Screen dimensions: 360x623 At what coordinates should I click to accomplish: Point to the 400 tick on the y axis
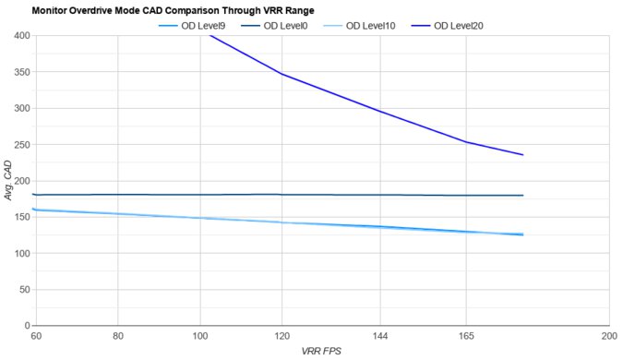[21, 35]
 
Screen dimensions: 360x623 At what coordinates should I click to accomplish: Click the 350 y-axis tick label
[21, 72]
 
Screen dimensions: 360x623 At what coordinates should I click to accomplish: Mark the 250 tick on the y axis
[21, 145]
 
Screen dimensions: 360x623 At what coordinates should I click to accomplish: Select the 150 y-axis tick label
[21, 218]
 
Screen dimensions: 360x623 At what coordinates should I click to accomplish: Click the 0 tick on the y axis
[27, 326]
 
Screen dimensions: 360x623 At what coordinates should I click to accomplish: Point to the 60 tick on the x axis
[36, 338]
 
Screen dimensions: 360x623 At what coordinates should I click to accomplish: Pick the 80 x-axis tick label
[118, 338]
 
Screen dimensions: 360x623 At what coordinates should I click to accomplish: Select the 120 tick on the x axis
[282, 338]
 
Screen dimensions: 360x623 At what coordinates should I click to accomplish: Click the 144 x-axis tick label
[380, 338]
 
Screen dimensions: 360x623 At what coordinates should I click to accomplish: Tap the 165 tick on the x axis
[466, 338]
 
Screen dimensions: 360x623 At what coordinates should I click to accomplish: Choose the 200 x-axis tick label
[608, 338]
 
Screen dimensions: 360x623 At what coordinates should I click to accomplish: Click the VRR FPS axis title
[320, 352]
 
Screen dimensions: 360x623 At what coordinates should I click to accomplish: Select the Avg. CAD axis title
[8, 181]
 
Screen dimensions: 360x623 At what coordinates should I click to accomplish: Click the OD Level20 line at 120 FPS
[282, 74]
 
